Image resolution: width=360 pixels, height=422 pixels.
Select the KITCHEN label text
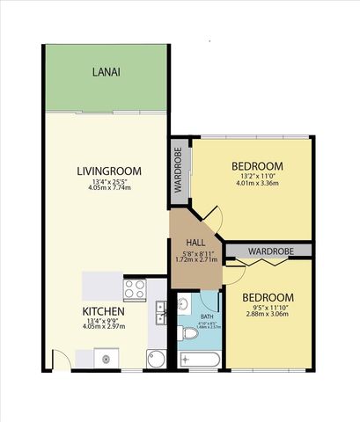[x=103, y=312]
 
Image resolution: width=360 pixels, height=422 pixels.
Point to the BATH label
[x=207, y=316]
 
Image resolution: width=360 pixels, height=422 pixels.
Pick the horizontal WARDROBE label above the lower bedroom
[x=268, y=251]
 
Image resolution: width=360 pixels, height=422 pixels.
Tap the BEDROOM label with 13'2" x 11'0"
[x=257, y=166]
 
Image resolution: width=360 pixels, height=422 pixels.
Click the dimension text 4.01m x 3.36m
[x=257, y=184]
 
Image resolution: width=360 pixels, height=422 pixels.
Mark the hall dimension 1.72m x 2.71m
[x=195, y=260]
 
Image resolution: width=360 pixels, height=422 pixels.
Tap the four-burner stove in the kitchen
[x=135, y=289]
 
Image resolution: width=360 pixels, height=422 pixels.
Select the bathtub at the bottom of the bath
[x=200, y=359]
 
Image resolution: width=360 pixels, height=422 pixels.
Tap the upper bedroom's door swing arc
[x=211, y=214]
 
